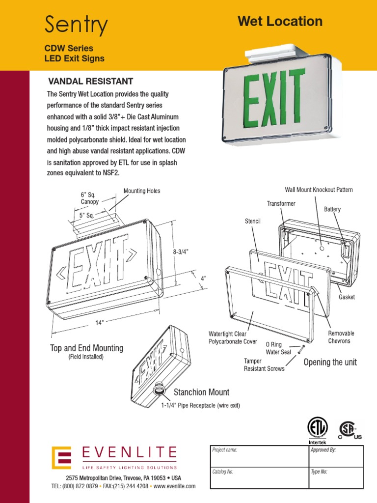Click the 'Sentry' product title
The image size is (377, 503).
76,25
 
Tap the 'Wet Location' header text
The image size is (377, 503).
280,21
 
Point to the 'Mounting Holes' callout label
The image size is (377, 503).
141,191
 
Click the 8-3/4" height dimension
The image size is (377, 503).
181,251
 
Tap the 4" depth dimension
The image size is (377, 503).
203,278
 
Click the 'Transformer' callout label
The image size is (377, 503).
281,203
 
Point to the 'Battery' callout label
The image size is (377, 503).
332,209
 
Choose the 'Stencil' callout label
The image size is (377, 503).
252,222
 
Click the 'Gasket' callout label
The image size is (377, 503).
347,297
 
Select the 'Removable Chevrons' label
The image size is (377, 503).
341,337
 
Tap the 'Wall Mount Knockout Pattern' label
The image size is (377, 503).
319,190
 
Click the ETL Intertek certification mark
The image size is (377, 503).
317,428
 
